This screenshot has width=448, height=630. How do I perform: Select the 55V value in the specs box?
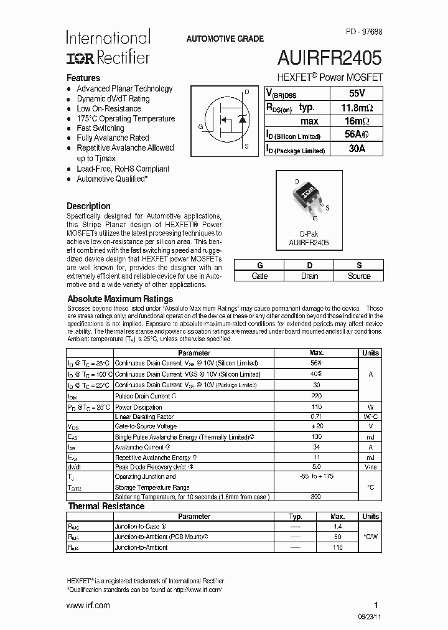pos(357,93)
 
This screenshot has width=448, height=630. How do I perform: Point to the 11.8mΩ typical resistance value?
pos(357,107)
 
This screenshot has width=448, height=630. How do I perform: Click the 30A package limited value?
pos(357,149)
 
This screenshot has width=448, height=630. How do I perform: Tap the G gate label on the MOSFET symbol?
pos(200,126)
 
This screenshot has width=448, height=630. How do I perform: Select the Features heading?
pos(83,78)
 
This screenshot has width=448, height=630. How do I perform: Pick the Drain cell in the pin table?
pos(309,276)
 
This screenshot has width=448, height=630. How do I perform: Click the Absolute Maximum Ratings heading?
pos(120,298)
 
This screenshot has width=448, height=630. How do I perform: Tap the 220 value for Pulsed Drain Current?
pos(317,396)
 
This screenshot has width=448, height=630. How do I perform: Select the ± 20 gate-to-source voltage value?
pos(317,426)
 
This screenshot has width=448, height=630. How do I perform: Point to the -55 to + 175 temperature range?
pos(317,476)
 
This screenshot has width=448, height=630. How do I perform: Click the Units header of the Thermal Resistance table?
pos(370,516)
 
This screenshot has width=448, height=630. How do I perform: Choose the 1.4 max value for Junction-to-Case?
pos(338,527)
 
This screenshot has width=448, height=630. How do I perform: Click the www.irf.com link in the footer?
pos(88,605)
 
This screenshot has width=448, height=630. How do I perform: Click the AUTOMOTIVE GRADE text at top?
pos(225,39)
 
